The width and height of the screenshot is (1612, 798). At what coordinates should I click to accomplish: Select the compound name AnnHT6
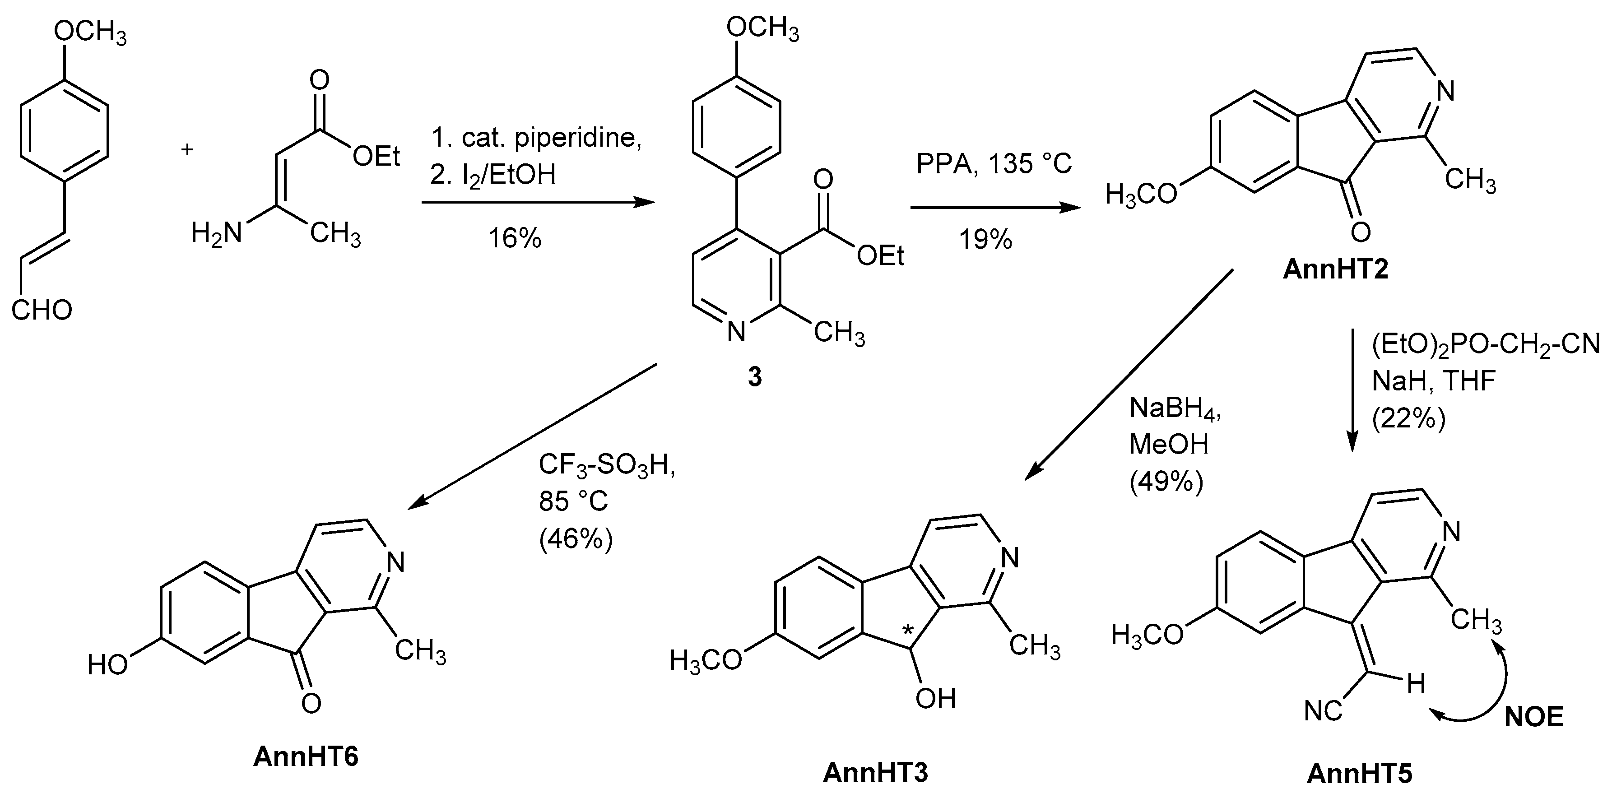306,756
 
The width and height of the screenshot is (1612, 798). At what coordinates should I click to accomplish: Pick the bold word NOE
1534,717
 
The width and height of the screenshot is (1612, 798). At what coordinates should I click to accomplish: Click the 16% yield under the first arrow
515,238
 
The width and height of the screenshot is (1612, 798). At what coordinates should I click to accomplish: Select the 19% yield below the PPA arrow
985,240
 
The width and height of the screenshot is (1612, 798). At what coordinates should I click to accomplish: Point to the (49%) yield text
1166,483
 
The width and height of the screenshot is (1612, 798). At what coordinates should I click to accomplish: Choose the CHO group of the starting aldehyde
42,310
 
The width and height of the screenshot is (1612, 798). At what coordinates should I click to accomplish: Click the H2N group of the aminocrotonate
216,235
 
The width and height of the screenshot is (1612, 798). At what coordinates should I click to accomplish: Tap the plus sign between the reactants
187,149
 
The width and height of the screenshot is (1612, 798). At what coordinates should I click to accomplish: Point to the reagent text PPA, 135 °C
994,164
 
